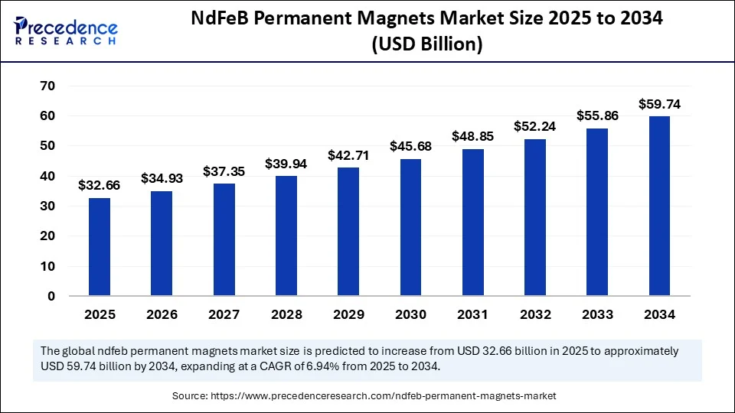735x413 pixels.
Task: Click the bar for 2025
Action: (100, 247)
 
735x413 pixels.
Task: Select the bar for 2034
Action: (659, 206)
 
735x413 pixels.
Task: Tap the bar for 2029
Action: (348, 232)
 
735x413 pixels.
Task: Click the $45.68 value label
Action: (410, 145)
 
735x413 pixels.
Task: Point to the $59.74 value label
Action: (659, 103)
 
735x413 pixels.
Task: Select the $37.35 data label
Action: (224, 171)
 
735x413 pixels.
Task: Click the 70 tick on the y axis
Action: (47, 86)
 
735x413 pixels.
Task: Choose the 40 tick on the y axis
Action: (47, 176)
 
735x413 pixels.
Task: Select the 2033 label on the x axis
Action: (596, 314)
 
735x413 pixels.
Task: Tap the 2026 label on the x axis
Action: (162, 314)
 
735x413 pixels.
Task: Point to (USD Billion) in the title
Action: (426, 45)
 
